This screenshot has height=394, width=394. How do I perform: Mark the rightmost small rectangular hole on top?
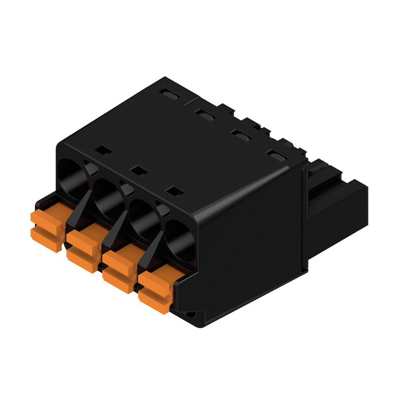174,190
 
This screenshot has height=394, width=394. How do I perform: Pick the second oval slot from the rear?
204,114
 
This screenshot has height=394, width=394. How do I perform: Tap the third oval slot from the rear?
240,135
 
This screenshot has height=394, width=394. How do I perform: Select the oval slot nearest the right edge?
277,156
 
